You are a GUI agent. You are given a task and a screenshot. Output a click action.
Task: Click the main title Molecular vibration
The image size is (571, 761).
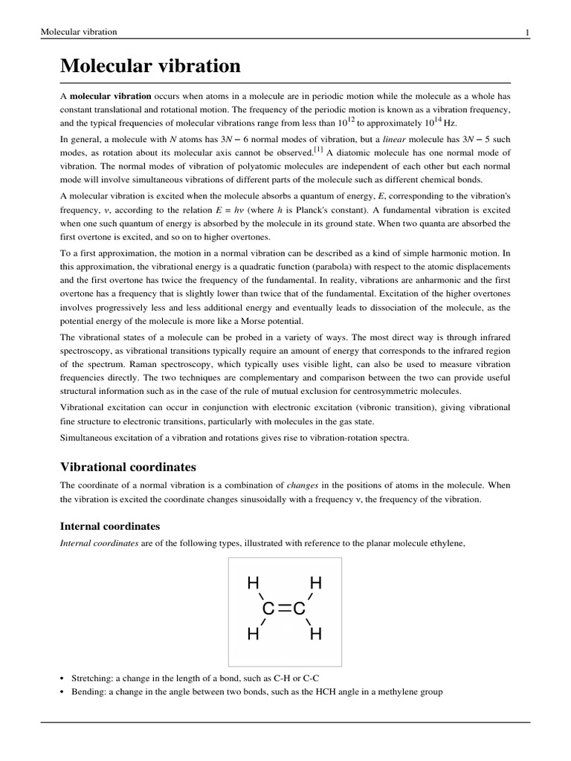pos(150,66)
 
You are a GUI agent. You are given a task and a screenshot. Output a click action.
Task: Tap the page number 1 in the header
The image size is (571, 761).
pos(526,32)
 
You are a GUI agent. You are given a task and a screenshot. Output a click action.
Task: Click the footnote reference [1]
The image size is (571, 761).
pos(318,149)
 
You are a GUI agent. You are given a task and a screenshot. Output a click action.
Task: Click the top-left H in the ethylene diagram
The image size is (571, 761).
pos(253,583)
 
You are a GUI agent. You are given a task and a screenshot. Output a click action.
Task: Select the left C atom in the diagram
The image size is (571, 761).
pos(268,609)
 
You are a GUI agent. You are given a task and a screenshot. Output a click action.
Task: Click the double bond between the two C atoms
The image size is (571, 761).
pos(284,609)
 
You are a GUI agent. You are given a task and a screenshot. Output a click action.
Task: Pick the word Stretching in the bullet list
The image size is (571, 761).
pos(92,678)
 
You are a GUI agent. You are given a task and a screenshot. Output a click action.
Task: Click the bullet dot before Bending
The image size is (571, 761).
pos(62,692)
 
